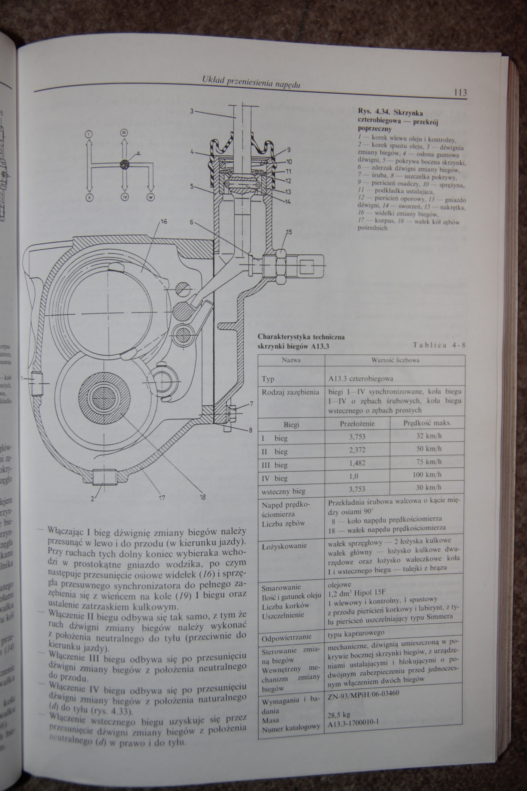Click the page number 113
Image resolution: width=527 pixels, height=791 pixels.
(459, 92)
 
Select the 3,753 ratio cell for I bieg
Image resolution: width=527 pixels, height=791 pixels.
(357, 437)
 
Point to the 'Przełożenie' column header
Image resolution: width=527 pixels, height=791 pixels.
(357, 423)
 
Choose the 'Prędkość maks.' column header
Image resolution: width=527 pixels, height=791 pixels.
(427, 422)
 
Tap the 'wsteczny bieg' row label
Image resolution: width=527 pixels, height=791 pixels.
(283, 491)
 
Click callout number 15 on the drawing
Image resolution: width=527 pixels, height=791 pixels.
(289, 232)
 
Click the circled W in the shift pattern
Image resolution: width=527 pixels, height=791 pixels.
(150, 197)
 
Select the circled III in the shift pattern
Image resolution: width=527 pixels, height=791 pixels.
(124, 133)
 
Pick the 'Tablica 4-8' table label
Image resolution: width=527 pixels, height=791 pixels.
(439, 344)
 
